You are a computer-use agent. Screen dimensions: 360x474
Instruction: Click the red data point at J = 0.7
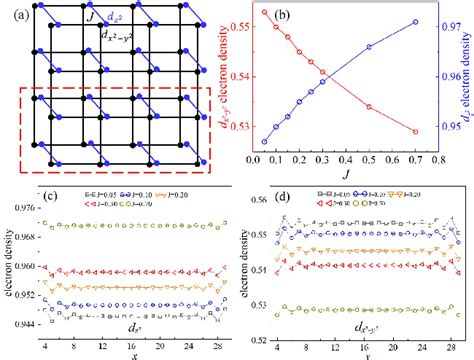point(415,131)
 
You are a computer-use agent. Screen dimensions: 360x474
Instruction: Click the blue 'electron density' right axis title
point(465,80)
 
